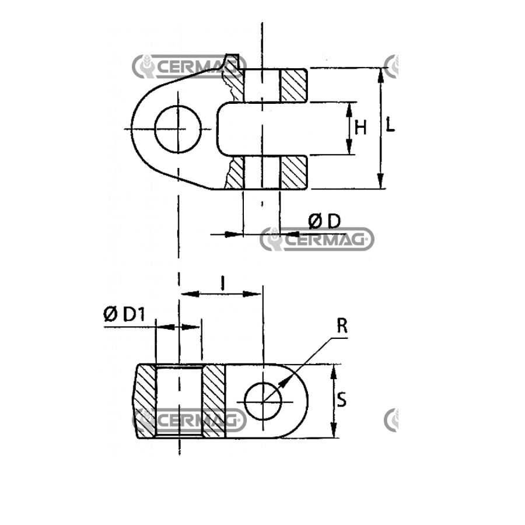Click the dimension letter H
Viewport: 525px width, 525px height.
[x=360, y=128]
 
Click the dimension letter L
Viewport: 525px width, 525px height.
[x=390, y=124]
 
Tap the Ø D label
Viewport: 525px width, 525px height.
[x=324, y=222]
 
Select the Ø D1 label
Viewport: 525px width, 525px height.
[x=124, y=314]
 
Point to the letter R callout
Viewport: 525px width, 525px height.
[x=342, y=325]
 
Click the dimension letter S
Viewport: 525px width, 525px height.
[x=341, y=400]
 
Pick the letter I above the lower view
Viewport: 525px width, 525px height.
[x=222, y=283]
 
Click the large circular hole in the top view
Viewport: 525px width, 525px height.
[x=178, y=129]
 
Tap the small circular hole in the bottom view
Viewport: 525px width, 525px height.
[x=263, y=401]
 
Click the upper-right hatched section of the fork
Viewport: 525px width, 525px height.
[x=293, y=85]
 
